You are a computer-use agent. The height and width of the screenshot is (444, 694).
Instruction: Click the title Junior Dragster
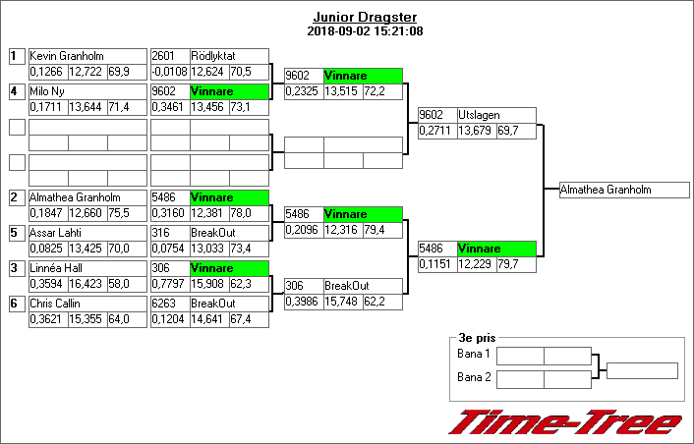pos(365,18)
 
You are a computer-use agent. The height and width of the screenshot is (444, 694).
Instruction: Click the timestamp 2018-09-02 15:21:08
pos(365,31)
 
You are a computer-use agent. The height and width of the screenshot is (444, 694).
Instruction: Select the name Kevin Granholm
pos(66,56)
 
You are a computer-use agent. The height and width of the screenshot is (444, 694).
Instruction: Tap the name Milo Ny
pos(47,91)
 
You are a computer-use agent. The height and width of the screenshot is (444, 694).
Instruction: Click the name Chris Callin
pos(56,304)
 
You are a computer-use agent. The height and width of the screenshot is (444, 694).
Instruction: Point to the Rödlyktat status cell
pos(228,56)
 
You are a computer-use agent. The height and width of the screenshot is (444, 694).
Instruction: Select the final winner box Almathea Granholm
pos(619,190)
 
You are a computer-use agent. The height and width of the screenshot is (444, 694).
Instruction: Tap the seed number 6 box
pos(16,304)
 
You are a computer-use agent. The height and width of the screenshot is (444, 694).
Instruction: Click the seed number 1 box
pos(16,56)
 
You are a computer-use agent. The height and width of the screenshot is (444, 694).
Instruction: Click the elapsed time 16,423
pos(87,284)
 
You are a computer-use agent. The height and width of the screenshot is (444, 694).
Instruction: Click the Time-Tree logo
pos(564,421)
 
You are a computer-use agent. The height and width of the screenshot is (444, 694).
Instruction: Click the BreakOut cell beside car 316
pos(228,233)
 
